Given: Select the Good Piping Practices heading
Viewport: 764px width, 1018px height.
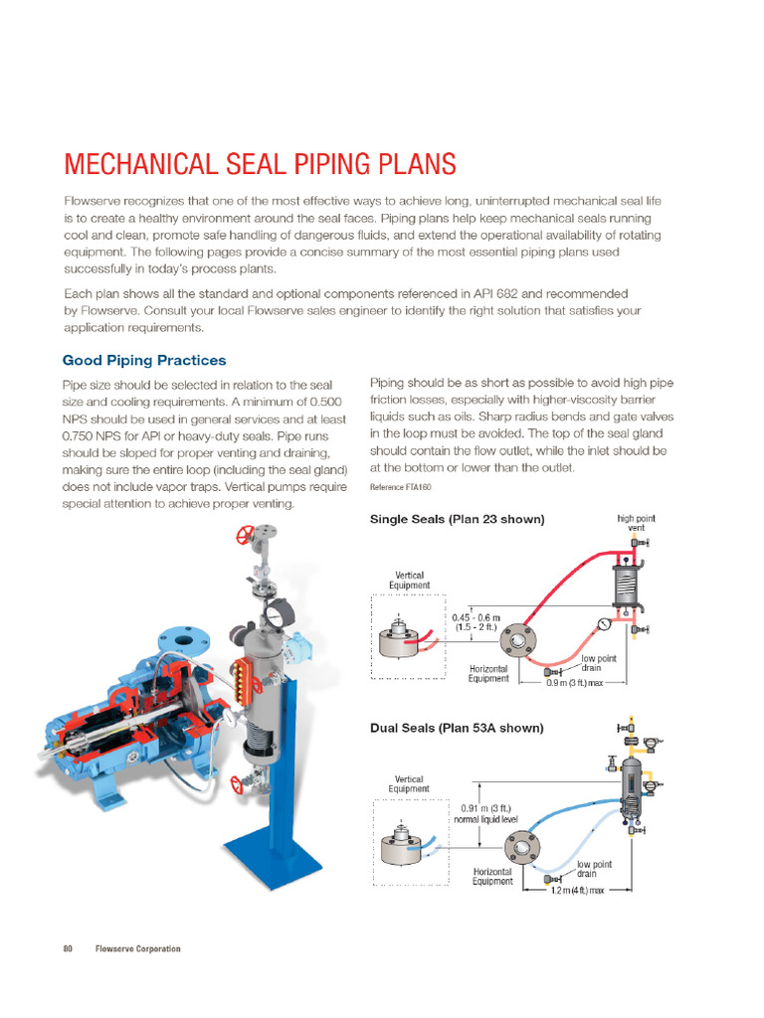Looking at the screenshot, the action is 144,360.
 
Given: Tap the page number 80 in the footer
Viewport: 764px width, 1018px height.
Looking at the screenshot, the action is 69,948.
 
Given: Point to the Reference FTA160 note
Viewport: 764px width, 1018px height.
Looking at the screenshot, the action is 401,486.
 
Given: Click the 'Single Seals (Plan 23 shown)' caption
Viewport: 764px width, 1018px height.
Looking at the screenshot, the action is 457,519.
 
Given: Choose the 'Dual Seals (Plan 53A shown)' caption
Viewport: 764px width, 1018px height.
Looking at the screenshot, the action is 457,728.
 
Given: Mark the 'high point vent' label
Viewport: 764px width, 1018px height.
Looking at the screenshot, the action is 635,524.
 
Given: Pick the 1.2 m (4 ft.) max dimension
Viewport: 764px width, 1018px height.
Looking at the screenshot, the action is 578,891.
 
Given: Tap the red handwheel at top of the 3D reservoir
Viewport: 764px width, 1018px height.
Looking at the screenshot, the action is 241,538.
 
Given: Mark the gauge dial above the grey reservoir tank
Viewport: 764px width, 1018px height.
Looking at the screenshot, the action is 281,606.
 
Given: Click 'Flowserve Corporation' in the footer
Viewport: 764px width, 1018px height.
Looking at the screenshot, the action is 137,948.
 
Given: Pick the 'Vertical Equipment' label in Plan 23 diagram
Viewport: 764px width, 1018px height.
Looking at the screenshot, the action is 412,581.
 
